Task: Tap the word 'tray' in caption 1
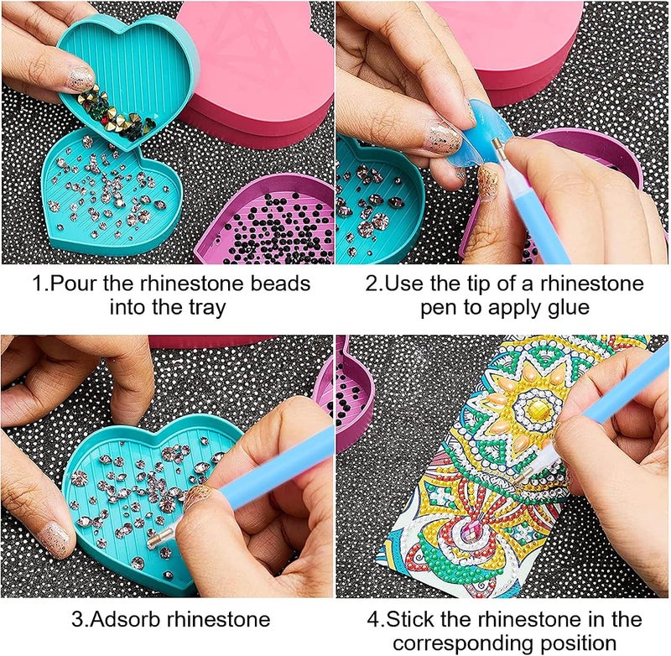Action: [x=206, y=307]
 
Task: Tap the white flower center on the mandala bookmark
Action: [x=530, y=409]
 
